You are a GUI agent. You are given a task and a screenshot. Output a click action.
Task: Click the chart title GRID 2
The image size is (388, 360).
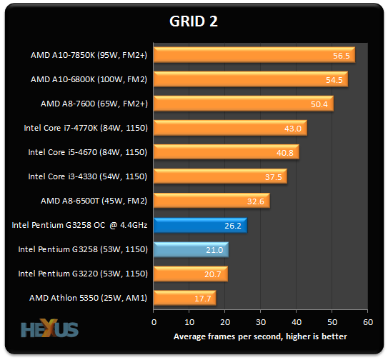pyautogui.click(x=194, y=21)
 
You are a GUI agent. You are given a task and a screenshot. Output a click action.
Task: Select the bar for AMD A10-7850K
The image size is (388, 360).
pyautogui.click(x=254, y=55)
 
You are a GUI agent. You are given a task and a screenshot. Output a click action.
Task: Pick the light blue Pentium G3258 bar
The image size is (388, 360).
pyautogui.click(x=191, y=249)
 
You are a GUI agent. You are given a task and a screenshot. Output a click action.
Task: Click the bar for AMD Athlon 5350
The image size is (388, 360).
pyautogui.click(x=184, y=298)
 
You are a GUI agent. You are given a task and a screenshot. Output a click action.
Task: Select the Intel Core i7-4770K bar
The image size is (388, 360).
pyautogui.click(x=229, y=128)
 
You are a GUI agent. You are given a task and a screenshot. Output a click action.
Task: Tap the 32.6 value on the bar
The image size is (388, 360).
pyautogui.click(x=257, y=201)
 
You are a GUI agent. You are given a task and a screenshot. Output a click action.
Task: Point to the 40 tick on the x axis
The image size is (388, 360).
pyautogui.click(x=296, y=322)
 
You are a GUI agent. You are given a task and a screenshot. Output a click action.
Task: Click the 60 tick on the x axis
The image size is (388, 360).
pyautogui.click(x=367, y=322)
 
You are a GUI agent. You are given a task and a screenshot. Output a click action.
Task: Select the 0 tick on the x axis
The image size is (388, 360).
pyautogui.click(x=154, y=322)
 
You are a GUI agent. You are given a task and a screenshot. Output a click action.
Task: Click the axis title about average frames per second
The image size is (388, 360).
pyautogui.click(x=260, y=336)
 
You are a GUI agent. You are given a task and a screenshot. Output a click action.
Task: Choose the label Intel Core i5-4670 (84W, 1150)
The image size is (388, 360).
pyautogui.click(x=87, y=152)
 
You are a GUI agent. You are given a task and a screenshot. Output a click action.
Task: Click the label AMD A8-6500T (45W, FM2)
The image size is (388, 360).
pyautogui.click(x=89, y=201)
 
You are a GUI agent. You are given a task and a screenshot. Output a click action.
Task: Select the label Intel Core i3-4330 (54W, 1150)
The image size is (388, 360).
pyautogui.click(x=87, y=176)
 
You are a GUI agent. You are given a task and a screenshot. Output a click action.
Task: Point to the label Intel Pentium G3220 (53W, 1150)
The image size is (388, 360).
pyautogui.click(x=82, y=274)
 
